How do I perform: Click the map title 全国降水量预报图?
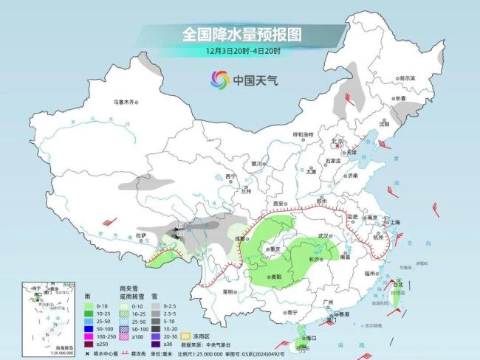coord(241,34)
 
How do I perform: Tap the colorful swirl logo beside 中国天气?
coord(219,78)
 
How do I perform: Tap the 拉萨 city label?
coord(141,235)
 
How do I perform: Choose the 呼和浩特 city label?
coord(304,134)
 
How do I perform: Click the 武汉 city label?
coord(322,235)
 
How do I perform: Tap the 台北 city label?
coord(399,283)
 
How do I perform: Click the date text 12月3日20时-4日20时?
coord(243,51)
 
